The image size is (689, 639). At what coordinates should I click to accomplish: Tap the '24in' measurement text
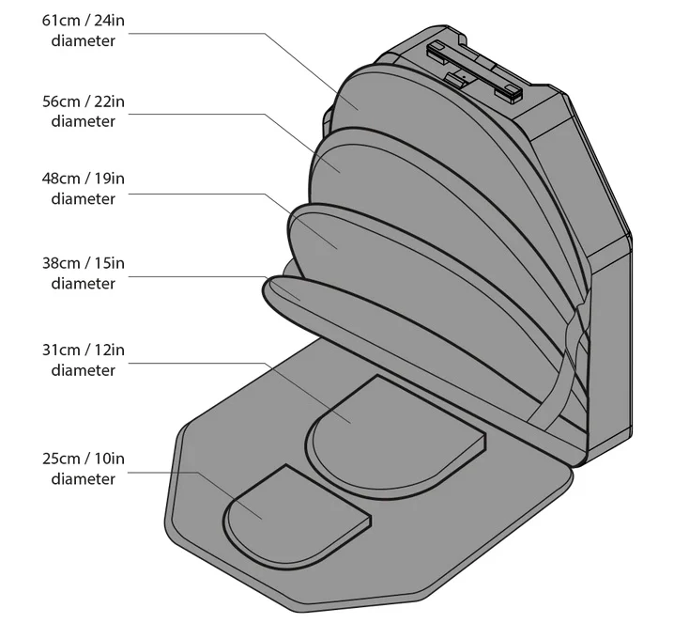[x=110, y=21]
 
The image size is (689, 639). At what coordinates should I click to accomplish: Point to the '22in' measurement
[x=110, y=101]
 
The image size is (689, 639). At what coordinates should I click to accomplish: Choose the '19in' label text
[x=110, y=179]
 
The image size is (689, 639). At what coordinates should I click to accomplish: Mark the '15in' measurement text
[x=110, y=263]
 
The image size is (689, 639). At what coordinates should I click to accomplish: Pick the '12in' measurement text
[x=110, y=351]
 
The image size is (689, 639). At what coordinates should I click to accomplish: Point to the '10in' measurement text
[x=110, y=459]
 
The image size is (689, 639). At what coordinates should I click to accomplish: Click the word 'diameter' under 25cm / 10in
[x=83, y=479]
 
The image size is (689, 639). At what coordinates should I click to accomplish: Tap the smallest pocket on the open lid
[x=292, y=519]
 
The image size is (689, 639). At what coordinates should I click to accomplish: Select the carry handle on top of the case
[x=475, y=70]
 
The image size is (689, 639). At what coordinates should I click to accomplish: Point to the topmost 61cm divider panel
[x=395, y=101]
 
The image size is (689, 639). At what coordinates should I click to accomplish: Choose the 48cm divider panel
[x=395, y=264]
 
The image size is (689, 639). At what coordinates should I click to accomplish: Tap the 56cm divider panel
[x=395, y=176]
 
